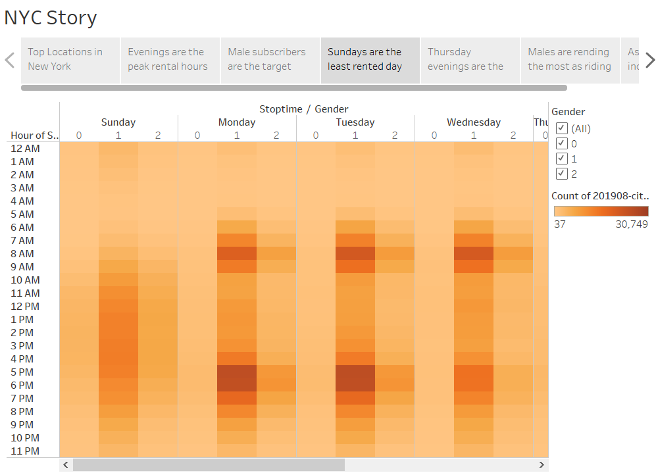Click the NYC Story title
51,18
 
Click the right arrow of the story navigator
649,61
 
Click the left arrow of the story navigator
10,61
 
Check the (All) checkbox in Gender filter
562,128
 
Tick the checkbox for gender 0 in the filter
562,143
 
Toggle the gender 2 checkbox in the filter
562,174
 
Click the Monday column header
237,122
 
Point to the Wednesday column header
474,122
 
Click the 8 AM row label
22,254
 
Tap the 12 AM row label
25,149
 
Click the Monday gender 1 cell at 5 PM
237,372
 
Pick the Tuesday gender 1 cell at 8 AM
355,254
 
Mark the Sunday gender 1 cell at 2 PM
118,333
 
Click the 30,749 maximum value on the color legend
630,224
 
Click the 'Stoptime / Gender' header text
303,109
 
